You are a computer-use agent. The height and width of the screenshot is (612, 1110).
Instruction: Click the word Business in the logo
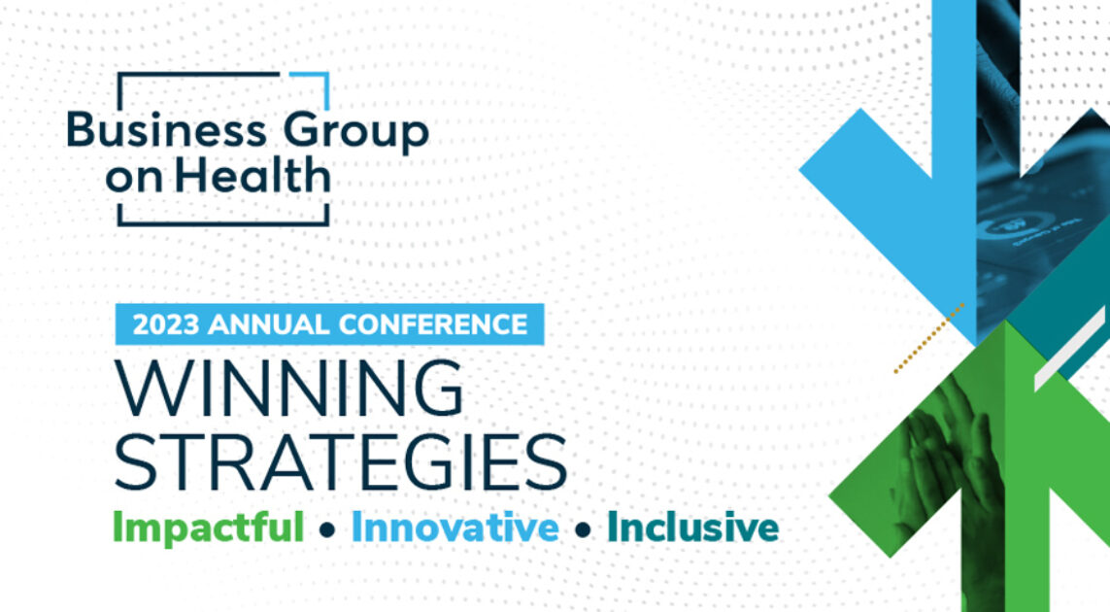click(x=152, y=132)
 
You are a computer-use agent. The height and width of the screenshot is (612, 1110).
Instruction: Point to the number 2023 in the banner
click(x=165, y=324)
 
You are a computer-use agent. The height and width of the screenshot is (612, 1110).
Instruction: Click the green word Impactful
click(x=208, y=528)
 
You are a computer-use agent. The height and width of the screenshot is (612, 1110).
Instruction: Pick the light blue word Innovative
click(x=454, y=528)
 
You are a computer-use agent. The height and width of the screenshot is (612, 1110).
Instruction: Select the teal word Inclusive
click(x=692, y=528)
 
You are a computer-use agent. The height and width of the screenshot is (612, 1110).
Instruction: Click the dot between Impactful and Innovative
click(x=327, y=530)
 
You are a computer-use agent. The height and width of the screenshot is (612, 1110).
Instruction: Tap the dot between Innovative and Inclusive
click(x=583, y=530)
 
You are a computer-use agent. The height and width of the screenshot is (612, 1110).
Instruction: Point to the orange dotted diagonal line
click(x=928, y=338)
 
